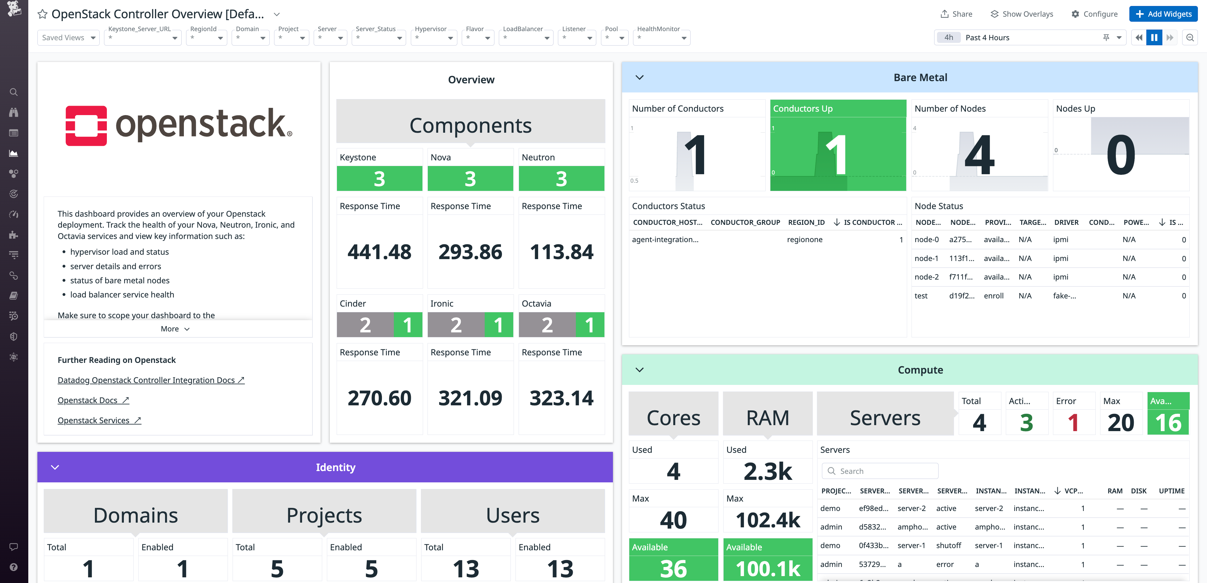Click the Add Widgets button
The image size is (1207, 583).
pos(1163,14)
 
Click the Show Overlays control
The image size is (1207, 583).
pos(1022,14)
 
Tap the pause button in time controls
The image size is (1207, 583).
pos(1154,37)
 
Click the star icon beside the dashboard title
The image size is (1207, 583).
pos(42,14)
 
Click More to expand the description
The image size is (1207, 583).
pos(175,329)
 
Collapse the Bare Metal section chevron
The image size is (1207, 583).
pos(640,77)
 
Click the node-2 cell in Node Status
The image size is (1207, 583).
pos(926,277)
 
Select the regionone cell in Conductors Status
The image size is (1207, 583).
pos(805,240)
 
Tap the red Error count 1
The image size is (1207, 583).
pos(1073,422)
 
